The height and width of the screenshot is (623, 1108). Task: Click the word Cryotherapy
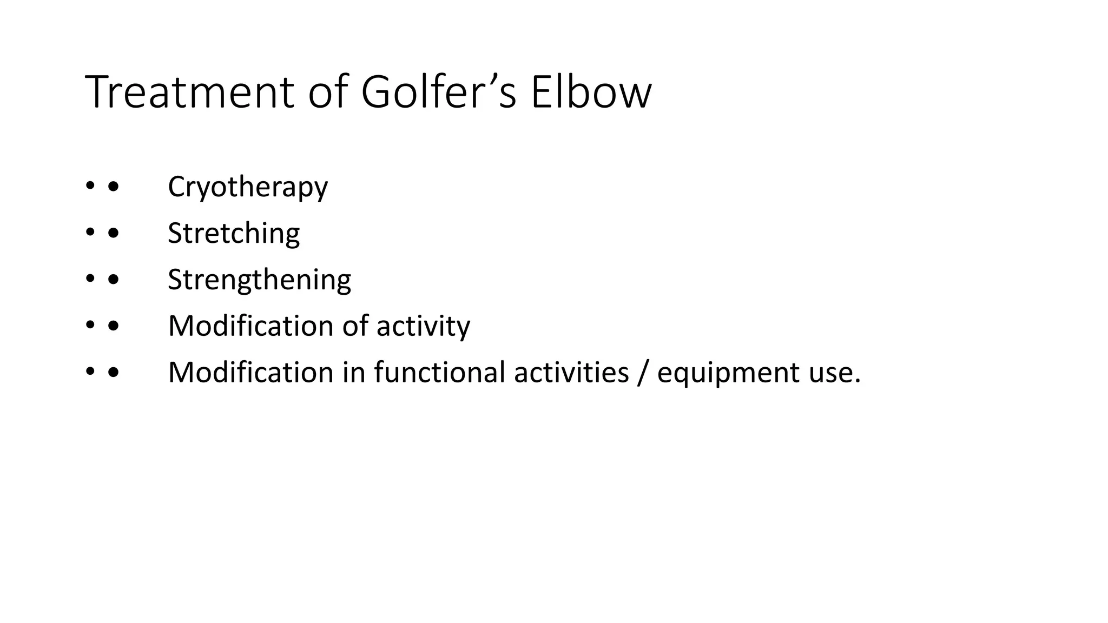point(248,187)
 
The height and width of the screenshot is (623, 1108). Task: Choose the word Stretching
point(234,234)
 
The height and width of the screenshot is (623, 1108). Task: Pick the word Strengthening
point(259,280)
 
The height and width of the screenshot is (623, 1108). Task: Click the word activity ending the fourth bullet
point(423,327)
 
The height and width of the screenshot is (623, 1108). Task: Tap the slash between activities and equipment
point(642,373)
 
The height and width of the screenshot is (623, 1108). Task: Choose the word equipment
point(728,373)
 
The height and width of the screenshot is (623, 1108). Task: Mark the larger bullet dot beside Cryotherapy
point(113,187)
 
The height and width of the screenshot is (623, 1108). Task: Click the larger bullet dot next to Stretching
point(113,233)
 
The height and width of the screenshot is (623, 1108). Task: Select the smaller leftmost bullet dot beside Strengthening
point(89,280)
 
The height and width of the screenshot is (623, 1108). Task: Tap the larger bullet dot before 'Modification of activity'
point(113,326)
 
